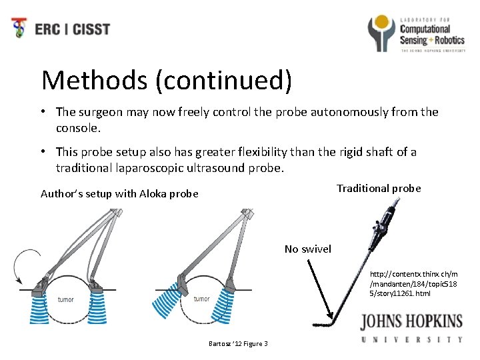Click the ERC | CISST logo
click(61, 29)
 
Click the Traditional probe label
click(379, 189)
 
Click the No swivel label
click(307, 249)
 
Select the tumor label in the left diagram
click(66, 299)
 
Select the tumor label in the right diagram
click(201, 299)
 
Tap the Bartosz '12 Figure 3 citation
click(239, 343)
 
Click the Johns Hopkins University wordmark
click(411, 329)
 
